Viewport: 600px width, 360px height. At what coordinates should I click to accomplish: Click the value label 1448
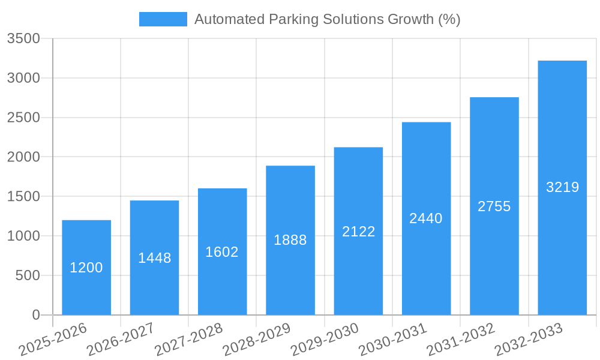[x=155, y=258]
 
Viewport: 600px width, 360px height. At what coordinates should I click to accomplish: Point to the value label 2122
[x=358, y=232]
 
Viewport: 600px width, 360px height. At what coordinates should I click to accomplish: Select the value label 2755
[x=494, y=206]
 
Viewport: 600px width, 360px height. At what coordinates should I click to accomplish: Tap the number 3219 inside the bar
[x=562, y=187]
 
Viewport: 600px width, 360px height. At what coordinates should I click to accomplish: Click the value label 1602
[x=222, y=252]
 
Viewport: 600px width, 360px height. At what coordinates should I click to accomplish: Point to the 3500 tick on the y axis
[x=23, y=39]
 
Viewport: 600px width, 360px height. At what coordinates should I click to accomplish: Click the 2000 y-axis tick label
[x=23, y=157]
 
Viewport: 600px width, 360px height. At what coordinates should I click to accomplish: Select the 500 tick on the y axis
[x=28, y=276]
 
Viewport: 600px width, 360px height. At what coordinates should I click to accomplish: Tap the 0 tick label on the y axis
[x=35, y=315]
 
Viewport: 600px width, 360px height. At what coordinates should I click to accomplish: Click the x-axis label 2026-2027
[x=121, y=340]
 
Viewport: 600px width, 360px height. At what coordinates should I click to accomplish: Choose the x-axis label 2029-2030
[x=325, y=340]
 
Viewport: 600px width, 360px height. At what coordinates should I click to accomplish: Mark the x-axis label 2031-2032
[x=461, y=340]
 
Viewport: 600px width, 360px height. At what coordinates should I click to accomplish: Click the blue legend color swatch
[x=163, y=19]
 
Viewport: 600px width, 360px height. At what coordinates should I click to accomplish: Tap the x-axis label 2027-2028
[x=188, y=340]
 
